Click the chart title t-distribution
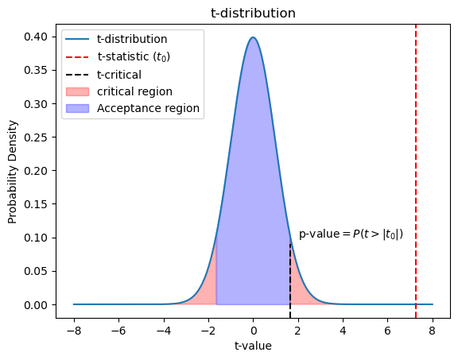[x=253, y=14]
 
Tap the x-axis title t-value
[x=253, y=346]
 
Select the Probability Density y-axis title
[x=12, y=172]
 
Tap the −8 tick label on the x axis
[x=74, y=331]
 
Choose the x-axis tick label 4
[x=343, y=331]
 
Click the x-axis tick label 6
[x=387, y=331]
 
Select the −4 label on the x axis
[x=164, y=331]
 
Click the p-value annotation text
[x=351, y=234]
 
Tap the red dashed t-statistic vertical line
[x=415, y=171]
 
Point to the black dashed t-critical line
[x=290, y=281]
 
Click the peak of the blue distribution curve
[x=253, y=37]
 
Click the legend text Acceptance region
[x=148, y=108]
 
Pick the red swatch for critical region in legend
[x=77, y=91]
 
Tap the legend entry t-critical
[x=103, y=75]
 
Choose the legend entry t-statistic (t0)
[x=118, y=56]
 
